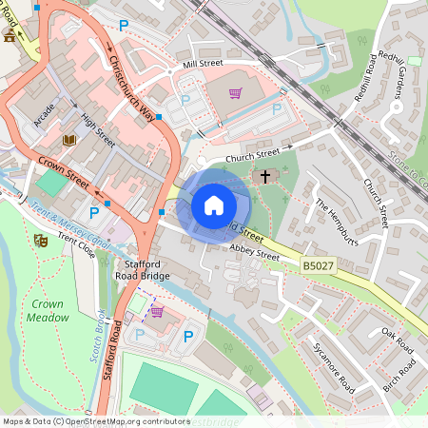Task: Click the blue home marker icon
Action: [214, 204]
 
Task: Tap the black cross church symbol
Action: [265, 176]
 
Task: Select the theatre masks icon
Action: [41, 241]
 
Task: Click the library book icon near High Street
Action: [68, 140]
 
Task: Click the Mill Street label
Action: [203, 65]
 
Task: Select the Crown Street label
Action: [65, 171]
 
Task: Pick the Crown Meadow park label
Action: [47, 310]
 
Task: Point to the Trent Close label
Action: [76, 248]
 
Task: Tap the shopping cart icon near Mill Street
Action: [234, 93]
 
